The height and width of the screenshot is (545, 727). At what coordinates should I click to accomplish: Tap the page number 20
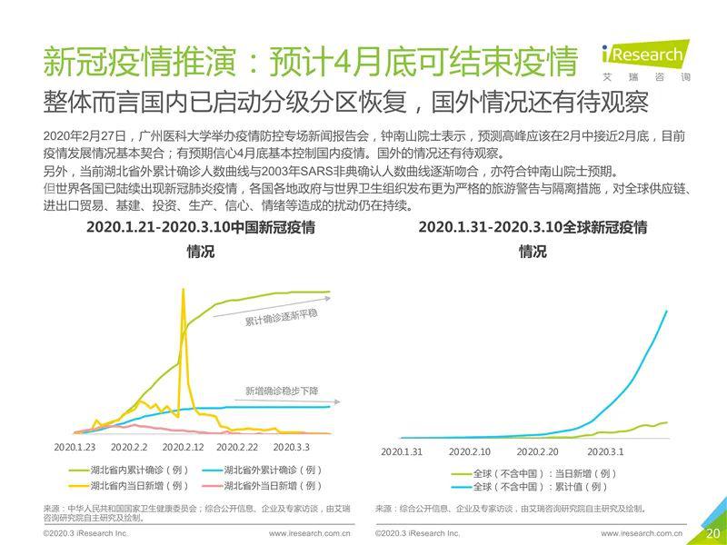[712, 532]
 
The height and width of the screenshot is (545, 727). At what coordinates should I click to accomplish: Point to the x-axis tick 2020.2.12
[183, 448]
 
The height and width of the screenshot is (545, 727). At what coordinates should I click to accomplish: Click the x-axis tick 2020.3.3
[291, 448]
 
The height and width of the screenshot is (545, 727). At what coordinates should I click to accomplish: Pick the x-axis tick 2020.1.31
[402, 451]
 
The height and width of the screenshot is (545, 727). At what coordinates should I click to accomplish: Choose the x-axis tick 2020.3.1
[605, 451]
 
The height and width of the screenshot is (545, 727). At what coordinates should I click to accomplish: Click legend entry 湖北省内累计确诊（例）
[127, 470]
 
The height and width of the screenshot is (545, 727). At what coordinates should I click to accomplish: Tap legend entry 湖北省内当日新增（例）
[127, 486]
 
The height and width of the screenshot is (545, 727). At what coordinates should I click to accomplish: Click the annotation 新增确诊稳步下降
[282, 391]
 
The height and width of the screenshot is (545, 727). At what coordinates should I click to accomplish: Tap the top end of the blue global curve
[668, 311]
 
